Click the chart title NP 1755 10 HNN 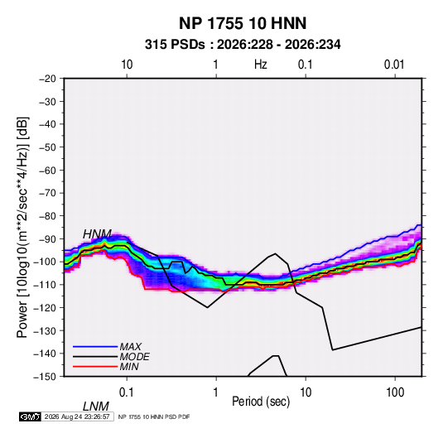coord(243,23)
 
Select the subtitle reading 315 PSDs coord(175,45)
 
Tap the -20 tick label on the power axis coord(47,79)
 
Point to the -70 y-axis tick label coord(47,193)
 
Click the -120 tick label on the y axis coord(45,308)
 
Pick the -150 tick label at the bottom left coord(45,377)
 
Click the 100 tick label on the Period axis coord(395,392)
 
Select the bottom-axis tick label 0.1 coord(127,392)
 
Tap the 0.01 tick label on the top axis coord(394,65)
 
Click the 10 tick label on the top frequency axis coord(127,65)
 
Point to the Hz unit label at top coord(260,65)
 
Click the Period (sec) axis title coord(261,402)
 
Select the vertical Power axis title coord(22,228)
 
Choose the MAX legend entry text coord(130,347)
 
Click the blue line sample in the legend coord(95,347)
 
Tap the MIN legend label coord(129,367)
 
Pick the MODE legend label coord(134,357)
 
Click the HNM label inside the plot coord(97,234)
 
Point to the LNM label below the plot coord(96,407)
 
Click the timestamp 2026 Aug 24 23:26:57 coord(77,416)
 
